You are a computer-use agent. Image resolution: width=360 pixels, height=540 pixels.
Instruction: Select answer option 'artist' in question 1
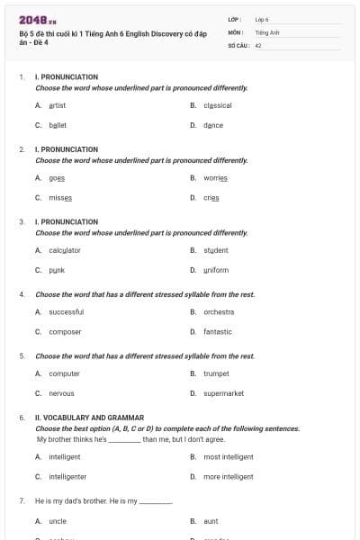click(57, 105)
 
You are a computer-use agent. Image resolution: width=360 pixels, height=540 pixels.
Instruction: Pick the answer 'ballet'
click(58, 125)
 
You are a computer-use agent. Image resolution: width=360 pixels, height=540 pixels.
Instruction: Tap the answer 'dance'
click(213, 125)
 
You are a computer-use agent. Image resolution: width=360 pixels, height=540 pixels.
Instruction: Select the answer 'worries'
click(215, 177)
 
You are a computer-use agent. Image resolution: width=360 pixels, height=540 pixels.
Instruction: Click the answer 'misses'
click(60, 197)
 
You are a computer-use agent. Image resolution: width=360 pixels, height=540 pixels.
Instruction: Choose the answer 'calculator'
click(65, 250)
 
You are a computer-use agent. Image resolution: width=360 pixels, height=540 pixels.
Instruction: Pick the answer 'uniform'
click(216, 270)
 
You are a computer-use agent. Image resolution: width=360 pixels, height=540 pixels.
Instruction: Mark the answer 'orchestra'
click(219, 311)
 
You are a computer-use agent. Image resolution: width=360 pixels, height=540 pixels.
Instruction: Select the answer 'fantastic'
click(218, 331)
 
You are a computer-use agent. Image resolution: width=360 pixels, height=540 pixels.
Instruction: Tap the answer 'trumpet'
click(216, 373)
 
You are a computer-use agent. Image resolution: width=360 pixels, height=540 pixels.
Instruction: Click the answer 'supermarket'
click(223, 393)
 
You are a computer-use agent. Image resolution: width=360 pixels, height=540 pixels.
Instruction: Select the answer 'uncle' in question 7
click(58, 520)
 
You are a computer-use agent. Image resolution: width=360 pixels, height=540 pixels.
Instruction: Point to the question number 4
click(21, 294)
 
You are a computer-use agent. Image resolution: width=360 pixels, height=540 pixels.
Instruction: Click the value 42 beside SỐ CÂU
click(258, 44)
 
